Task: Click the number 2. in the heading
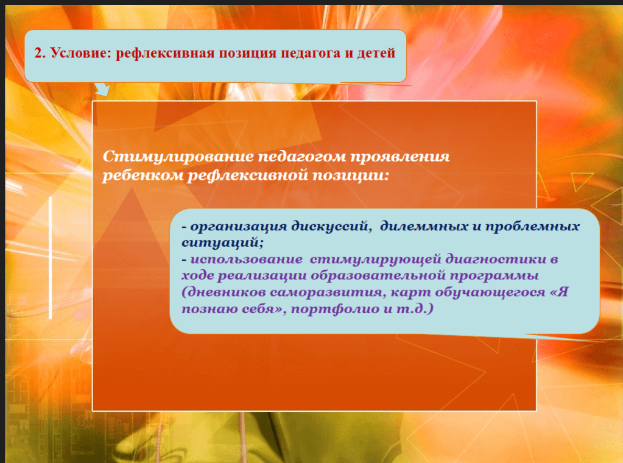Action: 40,53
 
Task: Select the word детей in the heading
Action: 376,53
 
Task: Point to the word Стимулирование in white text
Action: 178,157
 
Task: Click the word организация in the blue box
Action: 238,227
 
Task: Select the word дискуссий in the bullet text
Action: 331,226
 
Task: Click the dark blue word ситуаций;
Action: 222,242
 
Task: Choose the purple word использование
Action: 247,259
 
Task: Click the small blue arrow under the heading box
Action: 102,89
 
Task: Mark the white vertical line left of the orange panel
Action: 51,258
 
